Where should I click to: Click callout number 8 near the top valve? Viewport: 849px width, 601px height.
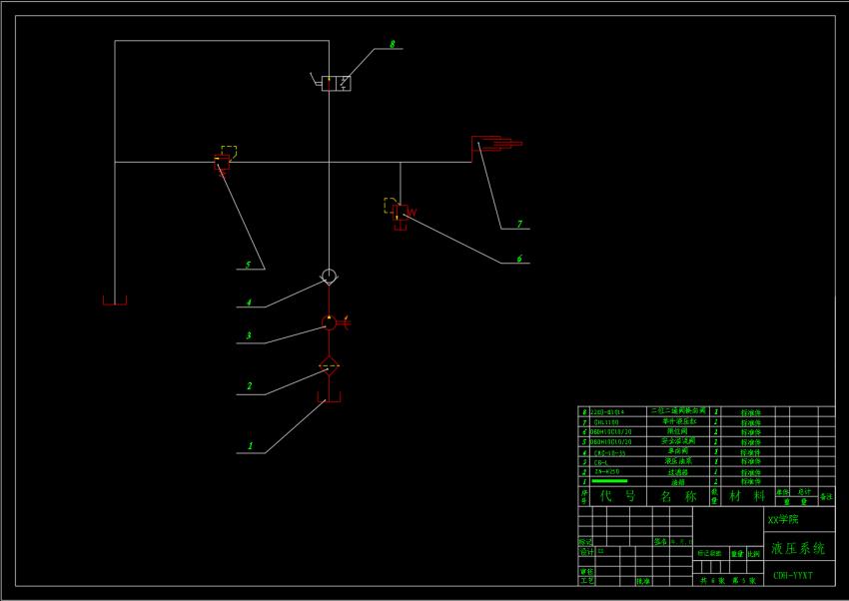pos(393,44)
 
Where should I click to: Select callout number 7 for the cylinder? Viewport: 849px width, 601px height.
pos(519,225)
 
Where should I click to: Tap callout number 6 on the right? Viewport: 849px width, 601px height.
pos(518,259)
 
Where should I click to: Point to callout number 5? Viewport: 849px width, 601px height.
pos(248,265)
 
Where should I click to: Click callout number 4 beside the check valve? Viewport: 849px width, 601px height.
pos(249,302)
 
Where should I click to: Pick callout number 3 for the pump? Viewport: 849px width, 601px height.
pos(249,336)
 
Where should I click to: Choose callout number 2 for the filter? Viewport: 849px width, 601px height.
pos(249,386)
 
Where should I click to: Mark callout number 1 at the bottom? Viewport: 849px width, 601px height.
pos(250,446)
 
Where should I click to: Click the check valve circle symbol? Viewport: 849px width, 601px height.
pos(329,276)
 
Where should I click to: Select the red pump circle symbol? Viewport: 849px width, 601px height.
pos(330,322)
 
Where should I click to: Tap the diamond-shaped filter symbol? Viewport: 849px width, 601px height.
pos(329,366)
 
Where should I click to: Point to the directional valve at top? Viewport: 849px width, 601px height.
pos(336,83)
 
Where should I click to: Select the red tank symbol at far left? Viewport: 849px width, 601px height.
pos(115,300)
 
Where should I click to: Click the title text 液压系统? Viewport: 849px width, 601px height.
pos(798,548)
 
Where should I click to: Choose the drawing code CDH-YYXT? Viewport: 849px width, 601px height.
pos(793,576)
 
